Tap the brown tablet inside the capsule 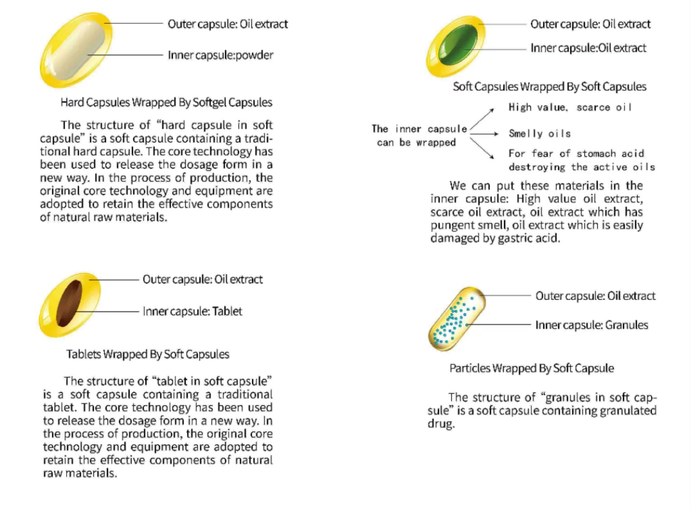point(69,303)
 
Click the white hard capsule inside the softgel point(82,50)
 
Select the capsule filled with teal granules point(456,319)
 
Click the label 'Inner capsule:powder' point(220,55)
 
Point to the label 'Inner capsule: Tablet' point(192,311)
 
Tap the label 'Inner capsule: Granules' point(591,325)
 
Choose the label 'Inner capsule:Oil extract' point(588,48)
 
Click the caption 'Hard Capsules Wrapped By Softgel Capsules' point(166,102)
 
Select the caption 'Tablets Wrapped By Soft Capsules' point(148,354)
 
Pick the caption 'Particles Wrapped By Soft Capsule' point(532,368)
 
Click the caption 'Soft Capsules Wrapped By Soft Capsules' point(549,87)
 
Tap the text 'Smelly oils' point(539,134)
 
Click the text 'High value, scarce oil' point(570,107)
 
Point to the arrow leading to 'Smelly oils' point(484,134)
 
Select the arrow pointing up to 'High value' point(482,118)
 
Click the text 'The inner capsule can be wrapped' point(418,136)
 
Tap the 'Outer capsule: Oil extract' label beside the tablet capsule point(203,280)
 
